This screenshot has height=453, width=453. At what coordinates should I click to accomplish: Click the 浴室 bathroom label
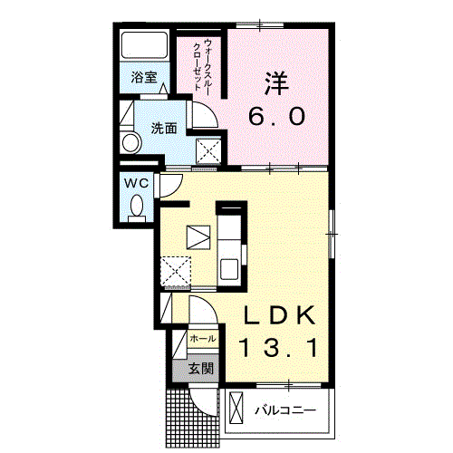(144, 77)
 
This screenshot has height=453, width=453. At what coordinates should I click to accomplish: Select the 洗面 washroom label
(164, 129)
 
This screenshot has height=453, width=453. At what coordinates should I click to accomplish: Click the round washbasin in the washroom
(130, 142)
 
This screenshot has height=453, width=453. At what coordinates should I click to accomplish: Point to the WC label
(137, 183)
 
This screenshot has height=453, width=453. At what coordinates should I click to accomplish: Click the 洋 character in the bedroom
(276, 83)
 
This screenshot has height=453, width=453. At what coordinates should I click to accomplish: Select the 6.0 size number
(276, 117)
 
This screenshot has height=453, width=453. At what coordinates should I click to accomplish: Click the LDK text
(279, 315)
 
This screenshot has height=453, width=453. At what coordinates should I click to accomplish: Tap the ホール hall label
(203, 339)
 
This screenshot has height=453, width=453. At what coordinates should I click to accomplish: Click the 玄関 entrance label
(201, 369)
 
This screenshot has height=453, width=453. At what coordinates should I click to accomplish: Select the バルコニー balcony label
(285, 410)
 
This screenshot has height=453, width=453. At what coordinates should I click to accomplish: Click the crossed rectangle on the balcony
(236, 408)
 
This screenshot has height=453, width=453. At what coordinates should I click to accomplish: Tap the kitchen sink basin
(229, 269)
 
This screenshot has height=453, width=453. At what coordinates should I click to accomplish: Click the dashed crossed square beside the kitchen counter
(176, 271)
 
